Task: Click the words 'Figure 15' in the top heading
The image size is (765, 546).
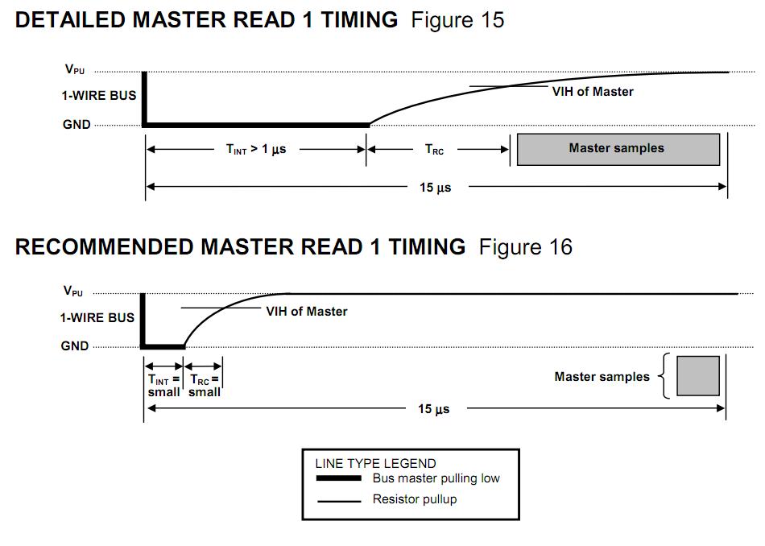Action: pos(457,20)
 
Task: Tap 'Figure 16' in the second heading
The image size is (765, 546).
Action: pos(526,247)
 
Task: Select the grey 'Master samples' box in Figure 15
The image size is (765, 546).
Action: pos(618,149)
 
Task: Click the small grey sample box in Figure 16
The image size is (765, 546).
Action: pos(697,376)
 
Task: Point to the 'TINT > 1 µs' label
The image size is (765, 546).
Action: pos(256,149)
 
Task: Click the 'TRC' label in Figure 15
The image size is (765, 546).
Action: pos(434,149)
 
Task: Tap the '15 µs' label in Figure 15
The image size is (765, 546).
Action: pos(435,188)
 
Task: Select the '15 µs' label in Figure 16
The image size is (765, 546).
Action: pos(434,409)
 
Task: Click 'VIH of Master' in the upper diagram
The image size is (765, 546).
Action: pos(593,92)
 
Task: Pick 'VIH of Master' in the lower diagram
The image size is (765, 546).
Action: pos(306,312)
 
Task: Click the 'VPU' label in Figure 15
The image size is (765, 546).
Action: pos(75,69)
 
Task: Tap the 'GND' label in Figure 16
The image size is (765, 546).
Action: pos(75,346)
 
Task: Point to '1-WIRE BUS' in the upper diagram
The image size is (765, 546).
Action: pos(99,96)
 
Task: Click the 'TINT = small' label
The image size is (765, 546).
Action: pos(164,386)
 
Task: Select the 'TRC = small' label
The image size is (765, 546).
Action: pos(205,386)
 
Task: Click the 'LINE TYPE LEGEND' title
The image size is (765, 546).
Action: pos(376,463)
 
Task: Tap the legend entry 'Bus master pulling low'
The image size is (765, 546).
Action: pos(436,478)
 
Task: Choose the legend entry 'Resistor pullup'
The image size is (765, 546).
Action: pos(415,499)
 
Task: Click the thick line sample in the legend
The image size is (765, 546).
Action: pos(339,478)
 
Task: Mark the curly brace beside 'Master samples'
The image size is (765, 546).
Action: pos(664,376)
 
